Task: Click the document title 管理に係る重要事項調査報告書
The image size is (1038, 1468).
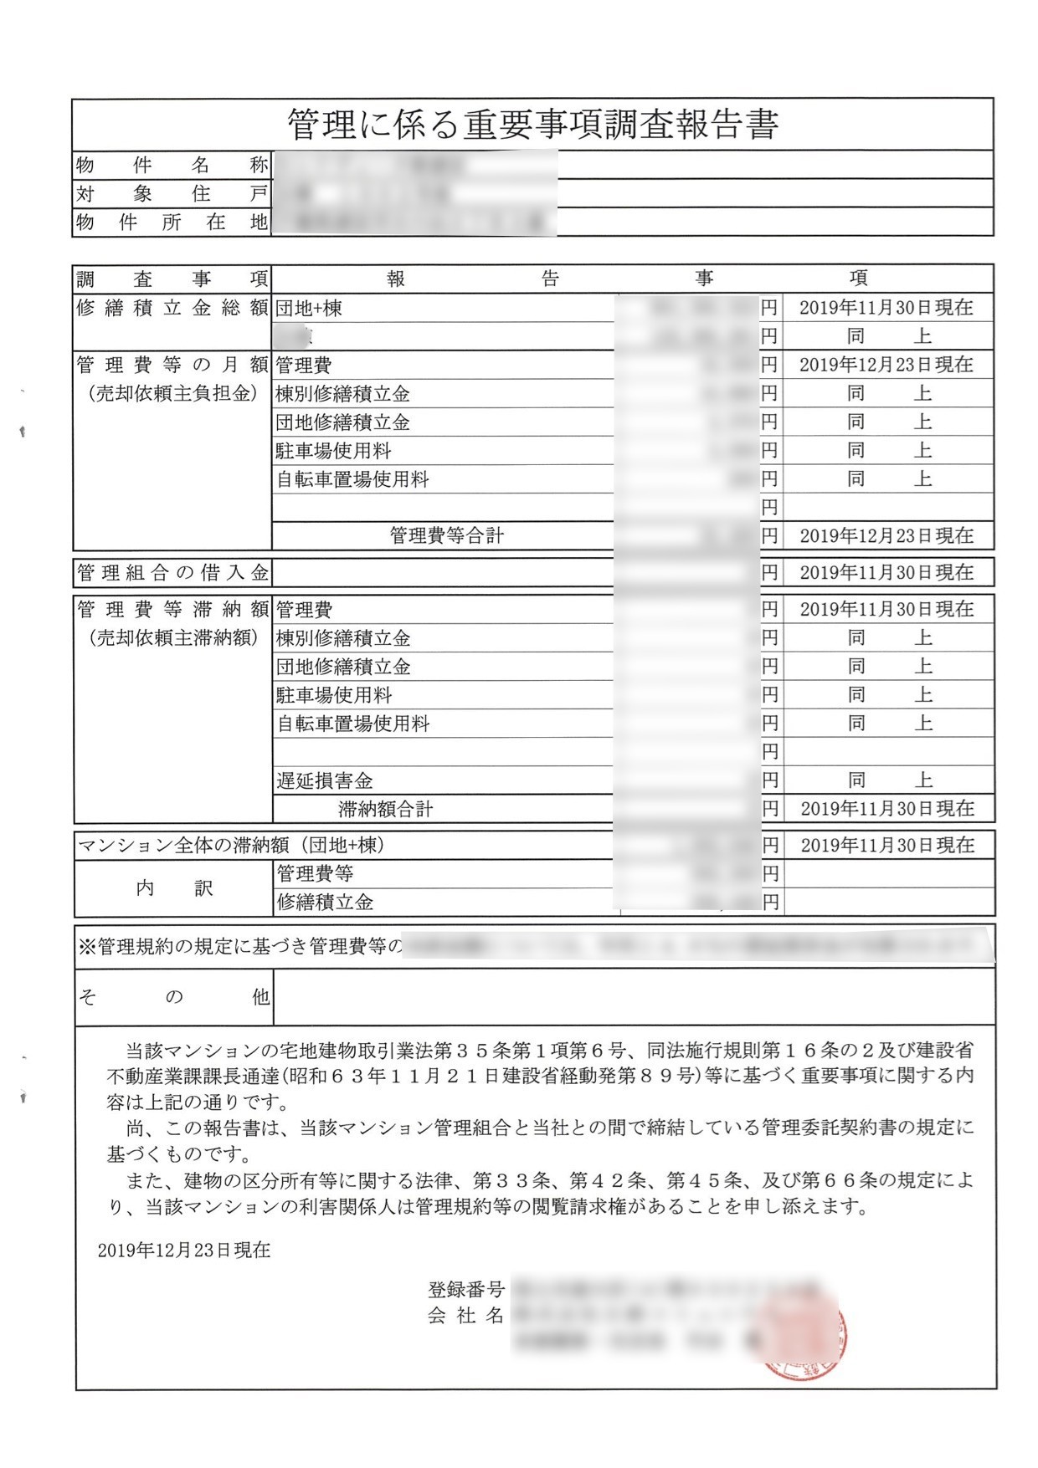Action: click(x=532, y=125)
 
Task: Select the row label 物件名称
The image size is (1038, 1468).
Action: click(x=172, y=166)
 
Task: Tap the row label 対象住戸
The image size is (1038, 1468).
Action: click(x=172, y=194)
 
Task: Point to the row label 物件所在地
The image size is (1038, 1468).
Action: click(x=172, y=223)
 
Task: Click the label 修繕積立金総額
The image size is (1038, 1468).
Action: click(x=172, y=308)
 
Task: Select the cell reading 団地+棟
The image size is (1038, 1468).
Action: click(x=309, y=309)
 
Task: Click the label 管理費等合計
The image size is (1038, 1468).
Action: click(x=446, y=535)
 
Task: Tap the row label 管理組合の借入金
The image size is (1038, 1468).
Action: click(x=172, y=573)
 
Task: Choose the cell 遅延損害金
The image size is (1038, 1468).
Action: click(x=325, y=781)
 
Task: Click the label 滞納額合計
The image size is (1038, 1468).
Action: click(x=385, y=809)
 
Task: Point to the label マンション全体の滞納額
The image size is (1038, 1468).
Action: click(x=231, y=846)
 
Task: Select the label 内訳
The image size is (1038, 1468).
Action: click(x=174, y=888)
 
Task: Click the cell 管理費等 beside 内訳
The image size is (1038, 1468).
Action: click(x=315, y=874)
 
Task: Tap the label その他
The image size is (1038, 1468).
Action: click(x=173, y=997)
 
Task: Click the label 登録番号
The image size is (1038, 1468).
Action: click(x=465, y=1290)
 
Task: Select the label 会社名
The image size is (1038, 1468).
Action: click(x=465, y=1316)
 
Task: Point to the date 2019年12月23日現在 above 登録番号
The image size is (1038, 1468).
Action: click(x=184, y=1251)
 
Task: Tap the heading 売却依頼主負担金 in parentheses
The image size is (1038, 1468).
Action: click(x=173, y=393)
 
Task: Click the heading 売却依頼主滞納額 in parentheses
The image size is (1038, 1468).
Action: click(x=173, y=637)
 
